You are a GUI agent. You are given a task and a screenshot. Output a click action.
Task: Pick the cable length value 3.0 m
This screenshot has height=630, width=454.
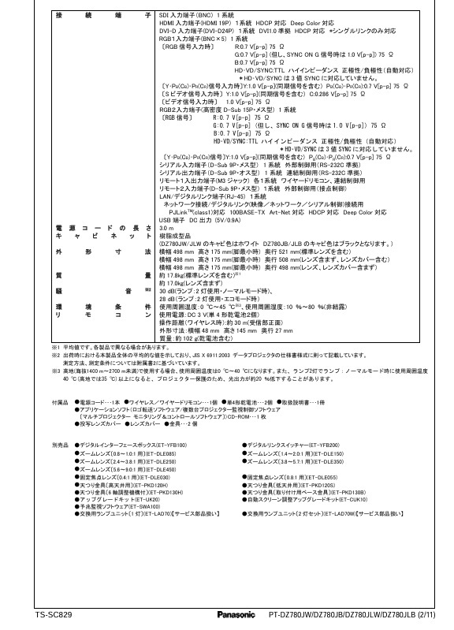click(166, 228)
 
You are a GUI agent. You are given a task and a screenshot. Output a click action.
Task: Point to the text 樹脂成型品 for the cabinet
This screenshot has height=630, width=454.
click(175, 236)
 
